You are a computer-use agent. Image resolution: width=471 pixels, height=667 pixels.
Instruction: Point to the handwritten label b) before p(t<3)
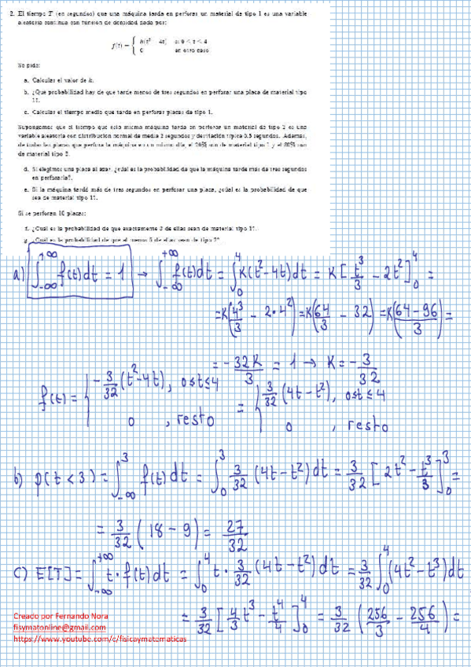coord(17,478)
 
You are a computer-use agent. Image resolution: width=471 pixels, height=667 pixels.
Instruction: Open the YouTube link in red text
coord(101,639)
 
